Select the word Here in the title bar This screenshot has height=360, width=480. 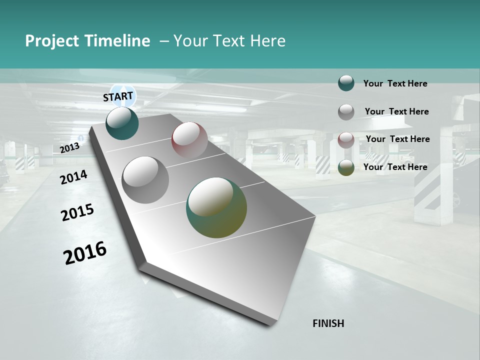coord(267,41)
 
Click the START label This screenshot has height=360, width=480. coord(118,96)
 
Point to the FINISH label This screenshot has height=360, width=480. coord(328,323)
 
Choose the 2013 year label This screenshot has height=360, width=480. coord(69,148)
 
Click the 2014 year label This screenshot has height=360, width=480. coord(73,177)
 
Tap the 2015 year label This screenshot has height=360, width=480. coord(77,212)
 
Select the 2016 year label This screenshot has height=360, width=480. coord(85,253)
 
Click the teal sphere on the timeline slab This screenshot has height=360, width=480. coord(122,123)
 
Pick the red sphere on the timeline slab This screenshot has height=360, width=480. coord(189,139)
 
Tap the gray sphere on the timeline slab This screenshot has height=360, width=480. coord(145,180)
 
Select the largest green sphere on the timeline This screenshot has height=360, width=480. coord(216,207)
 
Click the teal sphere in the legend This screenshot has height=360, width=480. coord(346,83)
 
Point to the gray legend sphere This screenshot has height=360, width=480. coord(346,111)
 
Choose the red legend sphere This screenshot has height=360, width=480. coord(346,139)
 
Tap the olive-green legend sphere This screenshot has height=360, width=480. coord(346,167)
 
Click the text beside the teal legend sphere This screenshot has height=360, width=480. coord(395,83)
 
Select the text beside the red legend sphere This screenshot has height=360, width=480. coord(397,139)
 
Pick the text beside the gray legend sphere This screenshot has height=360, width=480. coord(396,111)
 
